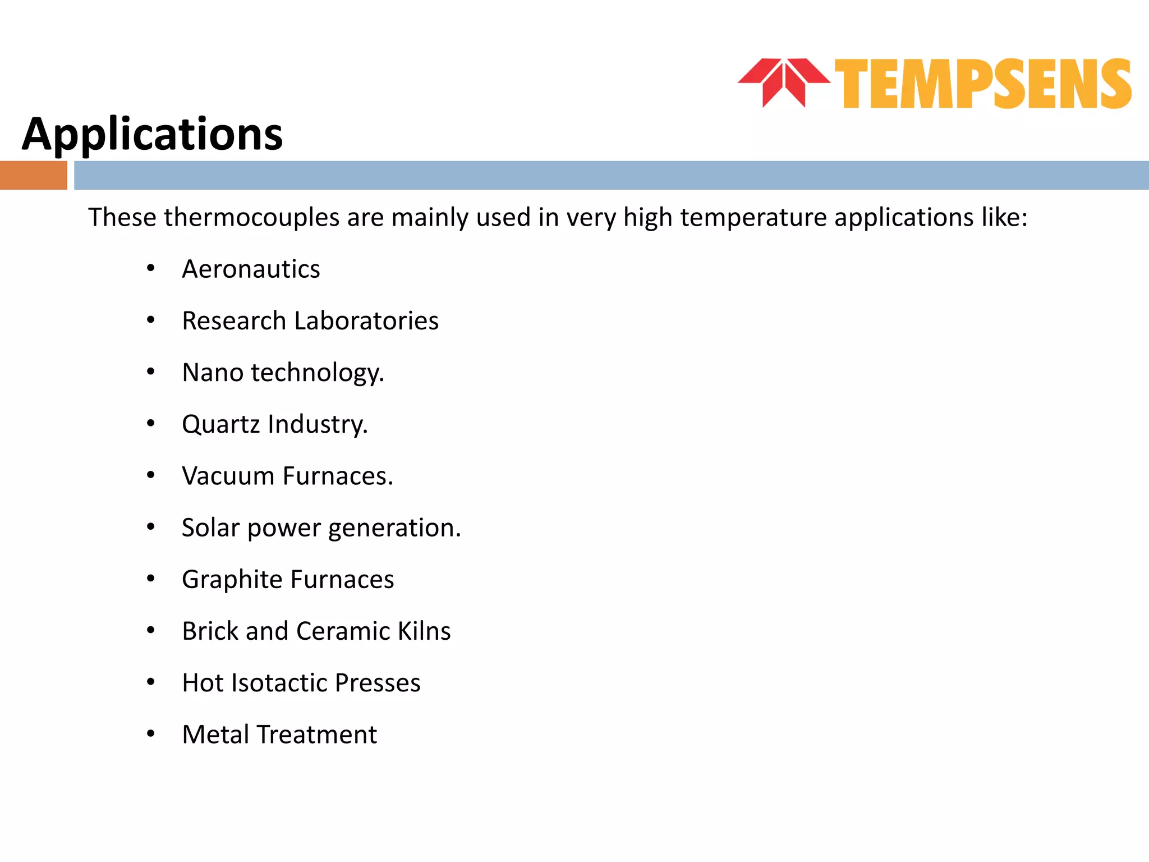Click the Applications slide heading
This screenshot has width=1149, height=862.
coord(153,135)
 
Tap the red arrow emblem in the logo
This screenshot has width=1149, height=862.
coord(783,82)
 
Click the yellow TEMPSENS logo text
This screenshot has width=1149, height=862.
coord(983,84)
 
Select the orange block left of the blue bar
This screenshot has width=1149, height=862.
coord(33,175)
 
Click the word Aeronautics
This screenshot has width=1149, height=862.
coord(251,269)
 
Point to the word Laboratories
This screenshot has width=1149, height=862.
coord(366,321)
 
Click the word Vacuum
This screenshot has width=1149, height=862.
coord(228,476)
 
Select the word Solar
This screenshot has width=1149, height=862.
coord(210,528)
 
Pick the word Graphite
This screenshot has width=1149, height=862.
coord(232,580)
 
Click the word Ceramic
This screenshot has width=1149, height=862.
coord(343,631)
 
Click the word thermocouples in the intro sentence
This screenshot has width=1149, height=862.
coord(251,218)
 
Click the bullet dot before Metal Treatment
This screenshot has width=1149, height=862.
coord(150,733)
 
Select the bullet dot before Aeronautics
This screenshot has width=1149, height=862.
coord(150,268)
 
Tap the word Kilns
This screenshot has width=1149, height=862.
coord(424,631)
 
